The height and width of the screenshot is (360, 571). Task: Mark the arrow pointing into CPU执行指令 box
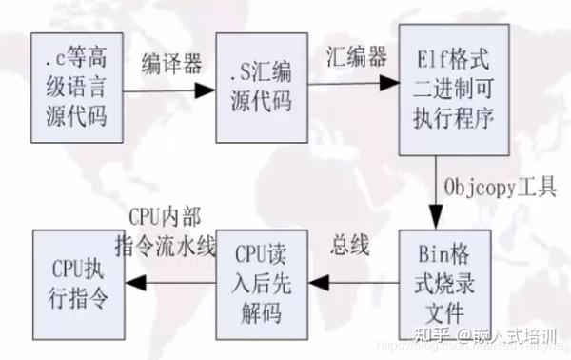coord(176,280)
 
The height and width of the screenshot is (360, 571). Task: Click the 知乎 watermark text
coord(404,336)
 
